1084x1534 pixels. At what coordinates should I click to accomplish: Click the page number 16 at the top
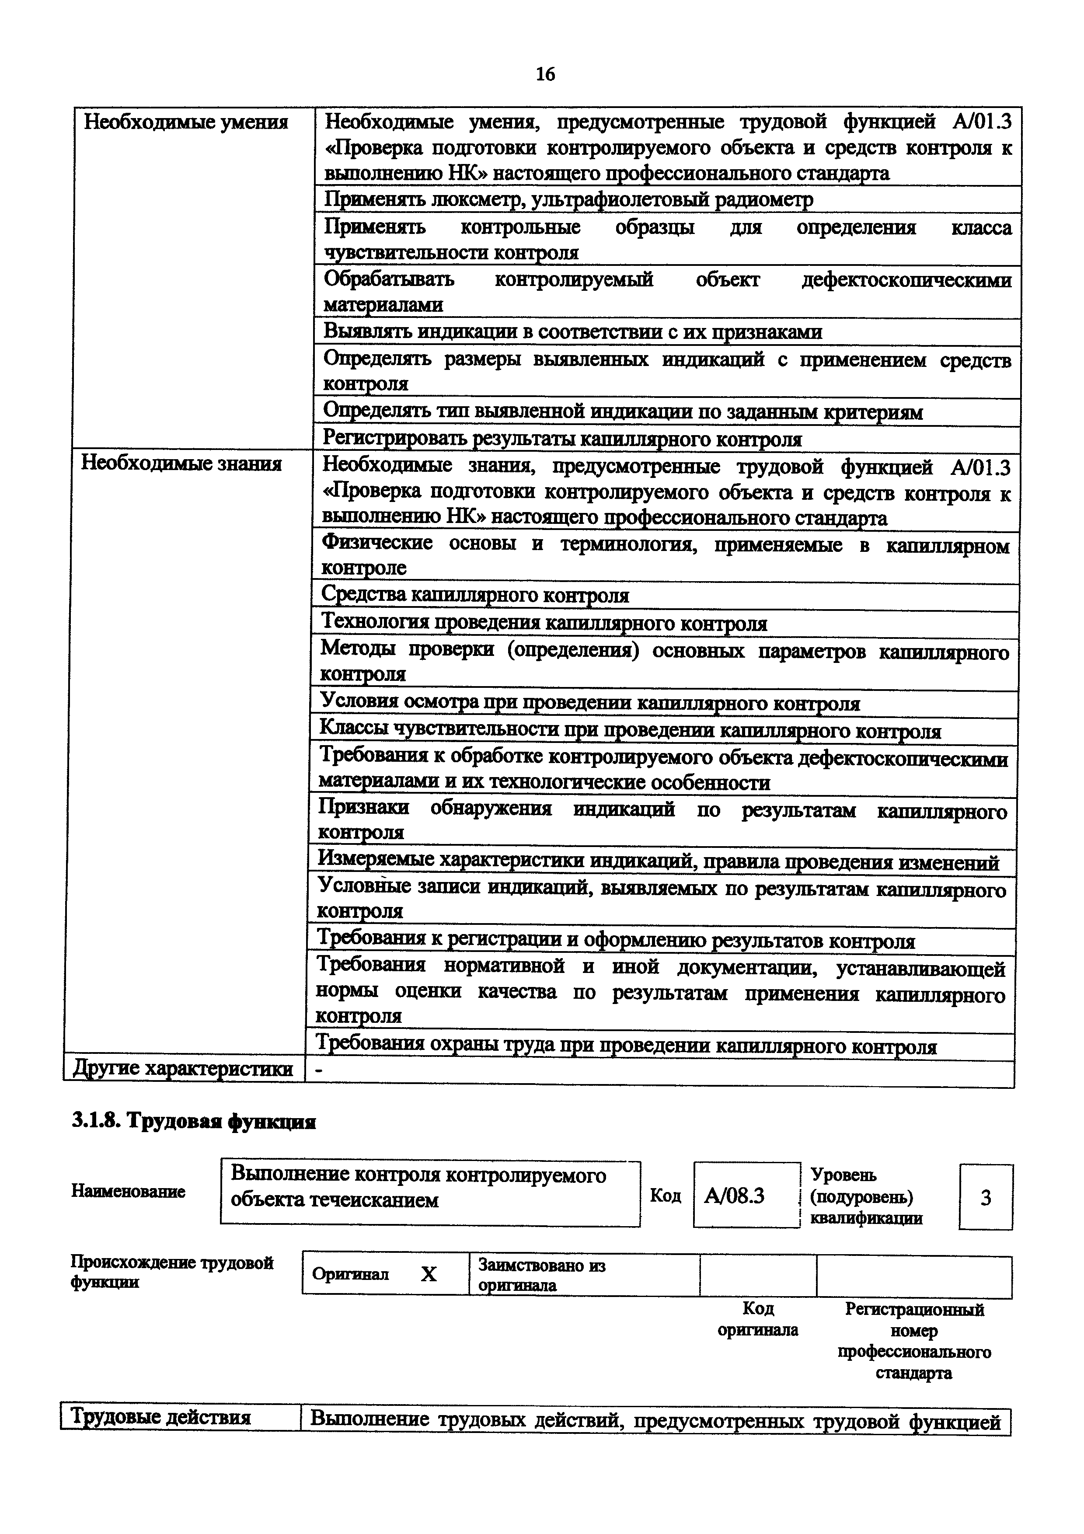(545, 74)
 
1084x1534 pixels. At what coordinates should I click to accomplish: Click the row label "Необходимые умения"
(186, 122)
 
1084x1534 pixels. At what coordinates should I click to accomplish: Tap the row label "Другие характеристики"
(183, 1069)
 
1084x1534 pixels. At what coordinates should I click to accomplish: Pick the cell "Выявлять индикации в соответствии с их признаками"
(572, 332)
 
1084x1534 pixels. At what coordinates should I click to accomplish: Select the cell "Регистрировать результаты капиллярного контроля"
(562, 439)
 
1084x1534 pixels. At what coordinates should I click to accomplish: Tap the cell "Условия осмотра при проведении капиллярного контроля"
(590, 703)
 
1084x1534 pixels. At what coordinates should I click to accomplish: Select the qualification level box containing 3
(985, 1197)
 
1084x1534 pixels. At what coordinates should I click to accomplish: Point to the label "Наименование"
(128, 1191)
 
